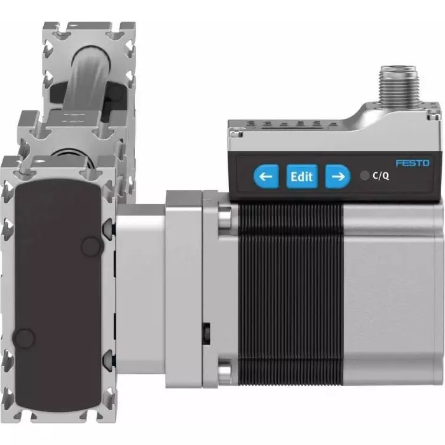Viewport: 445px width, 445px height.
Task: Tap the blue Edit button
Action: tap(301, 177)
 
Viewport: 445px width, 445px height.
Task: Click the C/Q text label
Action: tap(381, 177)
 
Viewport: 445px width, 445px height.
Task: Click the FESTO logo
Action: tap(412, 163)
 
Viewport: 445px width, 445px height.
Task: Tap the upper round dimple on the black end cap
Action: tap(93, 243)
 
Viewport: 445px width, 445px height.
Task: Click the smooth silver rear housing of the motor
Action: tap(391, 299)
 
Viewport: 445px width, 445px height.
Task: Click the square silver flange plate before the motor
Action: tap(184, 292)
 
